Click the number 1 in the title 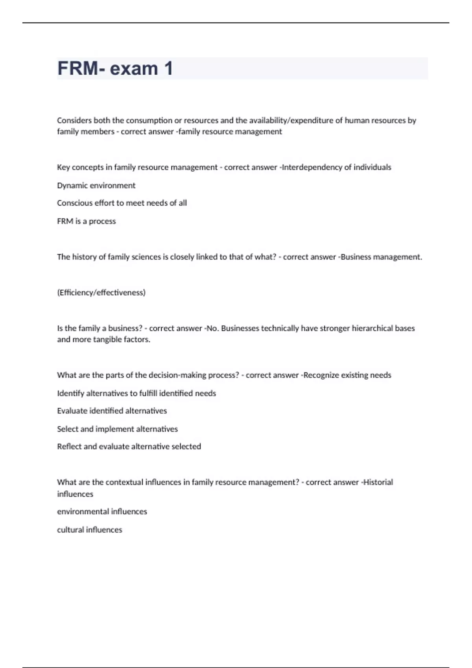[x=168, y=69]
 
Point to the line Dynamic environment [x=96, y=185]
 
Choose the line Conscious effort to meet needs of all [x=122, y=203]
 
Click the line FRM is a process [x=86, y=221]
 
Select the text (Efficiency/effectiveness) [x=101, y=293]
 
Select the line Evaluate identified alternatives [x=112, y=411]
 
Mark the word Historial [x=378, y=483]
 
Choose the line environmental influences [x=102, y=512]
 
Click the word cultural [x=70, y=530]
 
